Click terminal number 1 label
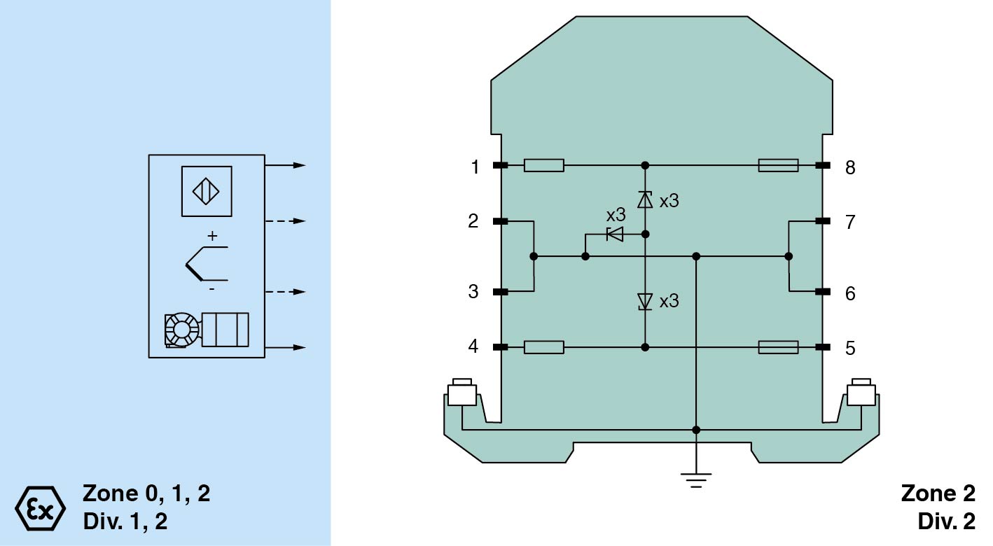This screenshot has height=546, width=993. coord(475,167)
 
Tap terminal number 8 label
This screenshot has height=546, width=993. coord(850,168)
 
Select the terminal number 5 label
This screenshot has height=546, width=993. coord(850,349)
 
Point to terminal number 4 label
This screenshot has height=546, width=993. coord(474,346)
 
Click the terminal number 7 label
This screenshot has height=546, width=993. coord(850,223)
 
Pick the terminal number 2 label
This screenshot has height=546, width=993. coord(474,222)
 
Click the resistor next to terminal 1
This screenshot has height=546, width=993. coord(544,166)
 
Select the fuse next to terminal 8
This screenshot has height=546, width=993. coord(778,166)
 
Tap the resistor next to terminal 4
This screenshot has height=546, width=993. coord(544,346)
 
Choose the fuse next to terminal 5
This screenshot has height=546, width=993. coord(778,346)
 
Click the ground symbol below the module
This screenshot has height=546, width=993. coord(696,479)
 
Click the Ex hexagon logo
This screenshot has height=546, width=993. coord(40,506)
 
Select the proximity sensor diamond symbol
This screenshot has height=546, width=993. coord(207,191)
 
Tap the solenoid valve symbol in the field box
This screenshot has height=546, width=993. coord(207,329)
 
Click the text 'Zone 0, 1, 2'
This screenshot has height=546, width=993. coord(146,493)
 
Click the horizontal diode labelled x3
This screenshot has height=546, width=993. coord(616,234)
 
